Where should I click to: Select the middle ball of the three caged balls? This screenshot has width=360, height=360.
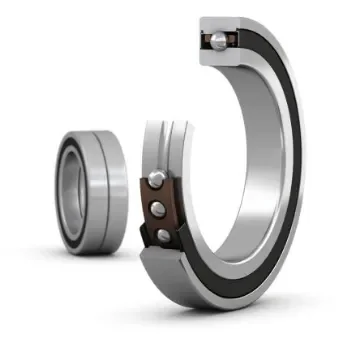tap(158, 208)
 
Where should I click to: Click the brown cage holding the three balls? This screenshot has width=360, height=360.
tap(150, 206)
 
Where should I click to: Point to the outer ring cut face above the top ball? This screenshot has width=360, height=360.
tap(217, 24)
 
